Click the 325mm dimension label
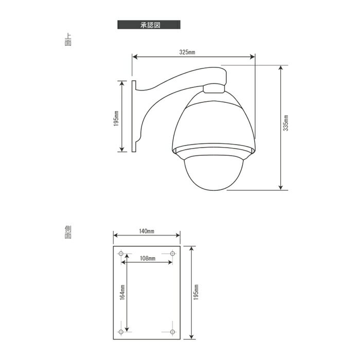click(x=187, y=52)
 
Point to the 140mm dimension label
click(x=147, y=231)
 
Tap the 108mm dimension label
click(x=148, y=258)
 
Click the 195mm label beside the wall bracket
click(x=117, y=118)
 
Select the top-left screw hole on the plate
click(x=121, y=254)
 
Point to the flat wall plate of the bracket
click(x=133, y=116)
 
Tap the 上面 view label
click(x=68, y=40)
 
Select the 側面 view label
click(x=68, y=232)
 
